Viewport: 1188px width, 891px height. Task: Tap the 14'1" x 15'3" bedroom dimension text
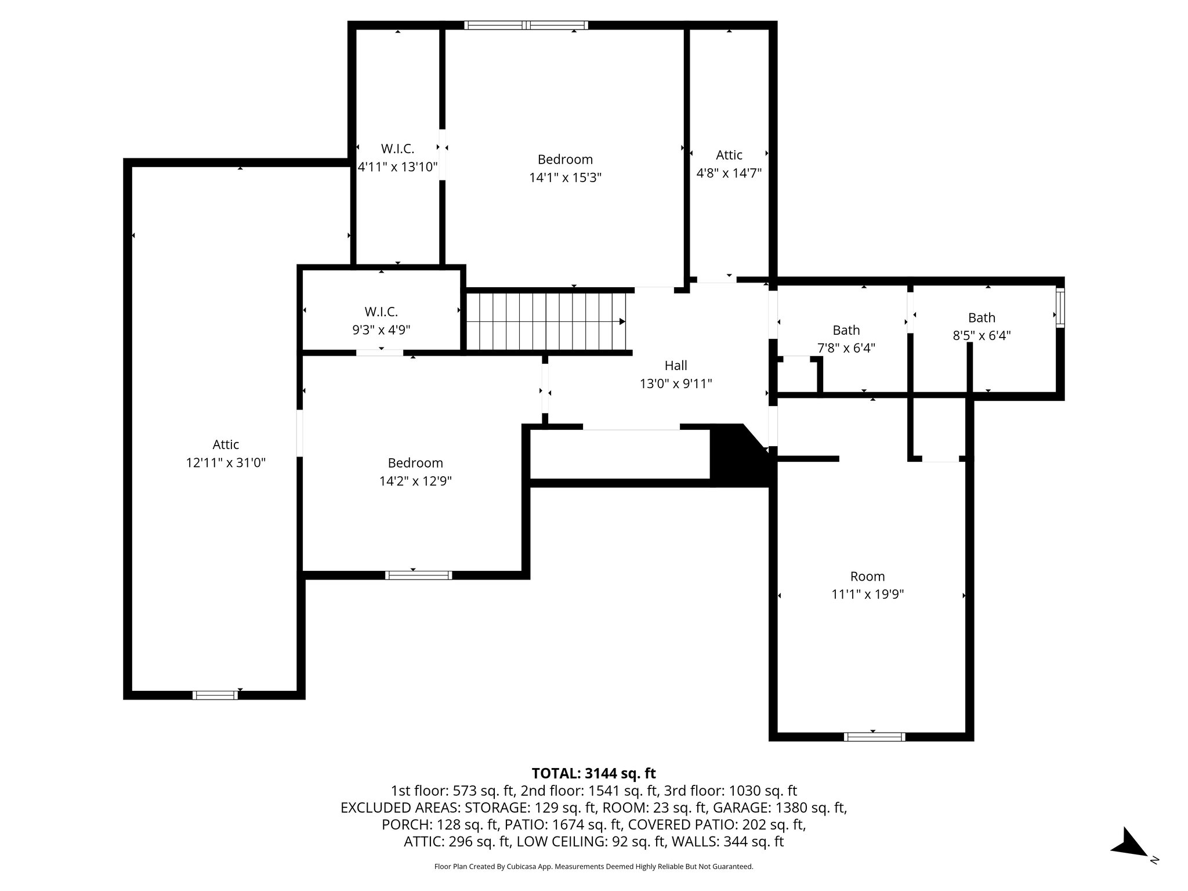coord(565,178)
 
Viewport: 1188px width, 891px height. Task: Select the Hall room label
coord(676,365)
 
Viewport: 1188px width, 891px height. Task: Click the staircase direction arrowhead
coord(622,321)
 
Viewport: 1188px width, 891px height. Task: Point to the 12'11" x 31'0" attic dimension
coord(226,462)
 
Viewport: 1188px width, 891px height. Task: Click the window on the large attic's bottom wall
coord(215,695)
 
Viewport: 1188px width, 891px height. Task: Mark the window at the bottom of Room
coord(874,737)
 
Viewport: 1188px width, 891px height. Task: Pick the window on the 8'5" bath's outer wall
coord(1060,308)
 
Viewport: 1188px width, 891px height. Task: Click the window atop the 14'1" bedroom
coord(526,25)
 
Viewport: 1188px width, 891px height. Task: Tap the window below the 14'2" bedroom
coord(418,575)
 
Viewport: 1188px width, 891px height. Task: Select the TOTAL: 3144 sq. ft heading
coord(593,773)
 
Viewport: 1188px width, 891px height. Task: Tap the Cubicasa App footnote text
coord(593,867)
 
